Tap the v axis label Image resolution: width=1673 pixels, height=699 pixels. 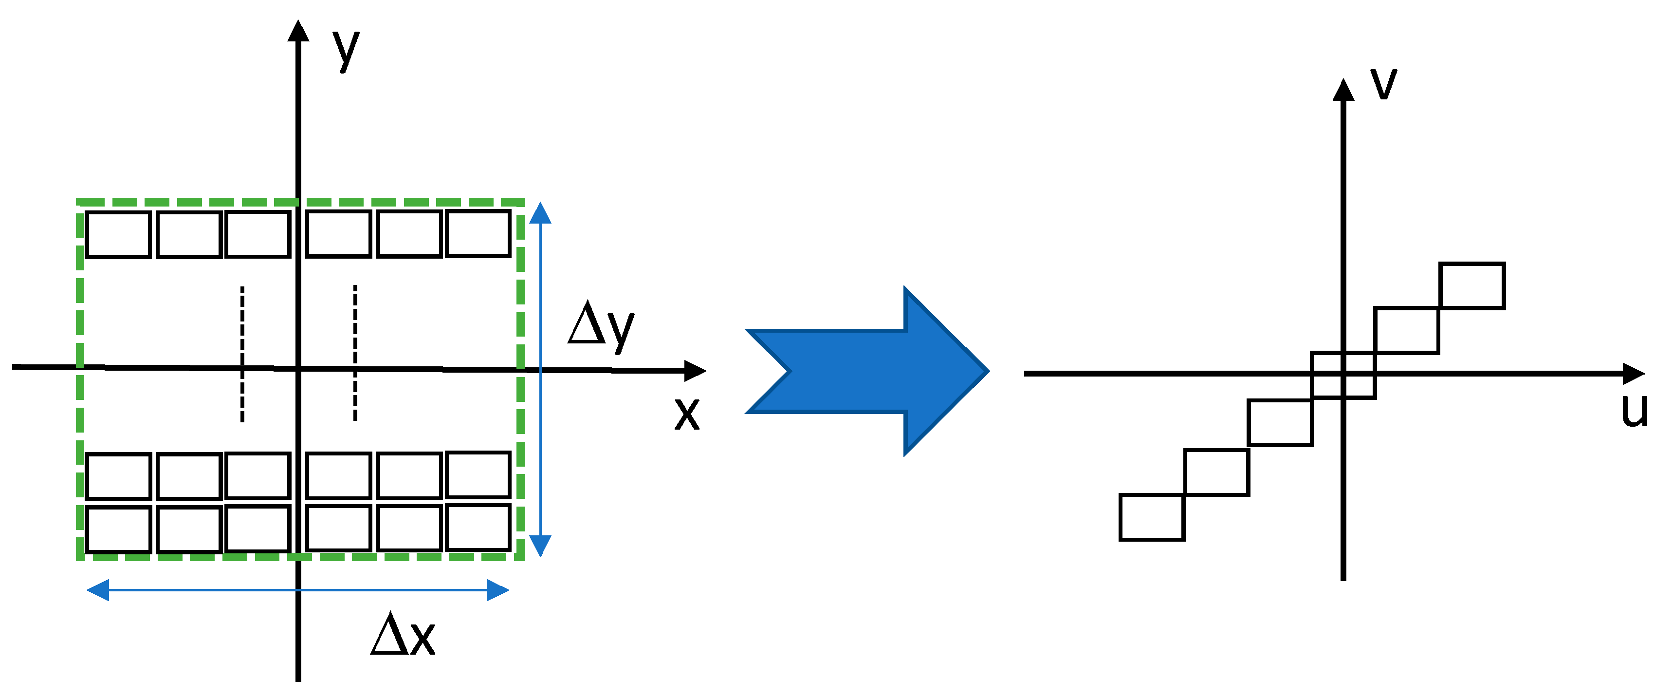(x=1383, y=83)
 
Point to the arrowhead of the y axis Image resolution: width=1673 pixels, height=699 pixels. (x=298, y=31)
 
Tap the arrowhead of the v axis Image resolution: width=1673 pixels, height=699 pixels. (x=1343, y=90)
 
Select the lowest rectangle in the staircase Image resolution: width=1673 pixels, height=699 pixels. (x=1152, y=517)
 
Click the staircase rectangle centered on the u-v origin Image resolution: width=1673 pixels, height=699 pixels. (x=1343, y=375)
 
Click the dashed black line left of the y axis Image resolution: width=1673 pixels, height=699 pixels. (x=242, y=354)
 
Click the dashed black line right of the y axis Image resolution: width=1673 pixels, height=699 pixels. (x=355, y=353)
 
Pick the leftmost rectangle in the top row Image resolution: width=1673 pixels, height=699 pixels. (x=118, y=234)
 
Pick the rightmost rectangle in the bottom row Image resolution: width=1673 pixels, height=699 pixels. (x=478, y=528)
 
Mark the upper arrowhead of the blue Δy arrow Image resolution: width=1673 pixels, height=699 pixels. (x=540, y=213)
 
